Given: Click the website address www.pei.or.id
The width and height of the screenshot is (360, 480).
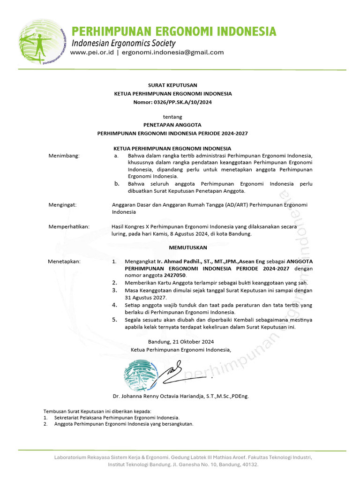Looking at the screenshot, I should coord(91,52).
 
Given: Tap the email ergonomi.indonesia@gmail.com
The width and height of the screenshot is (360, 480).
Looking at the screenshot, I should coord(172,52).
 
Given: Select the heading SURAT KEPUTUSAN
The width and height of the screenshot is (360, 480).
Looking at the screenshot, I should coord(172,85).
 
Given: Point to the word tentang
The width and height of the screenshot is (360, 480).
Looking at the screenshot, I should coord(172,117).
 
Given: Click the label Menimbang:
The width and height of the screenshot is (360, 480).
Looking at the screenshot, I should coord(64,156).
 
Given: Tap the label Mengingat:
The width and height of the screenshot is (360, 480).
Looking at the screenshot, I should coord(63,205).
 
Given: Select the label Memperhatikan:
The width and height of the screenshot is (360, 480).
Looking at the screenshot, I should coord(69,227).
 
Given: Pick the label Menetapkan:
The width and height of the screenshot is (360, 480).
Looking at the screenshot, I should coord(64,262).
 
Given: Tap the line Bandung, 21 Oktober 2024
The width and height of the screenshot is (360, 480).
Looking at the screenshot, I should coord(180,342).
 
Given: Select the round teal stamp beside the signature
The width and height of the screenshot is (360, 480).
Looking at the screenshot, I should coord(138,375).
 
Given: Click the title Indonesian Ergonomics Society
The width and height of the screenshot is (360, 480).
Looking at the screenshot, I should coord(123,43).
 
